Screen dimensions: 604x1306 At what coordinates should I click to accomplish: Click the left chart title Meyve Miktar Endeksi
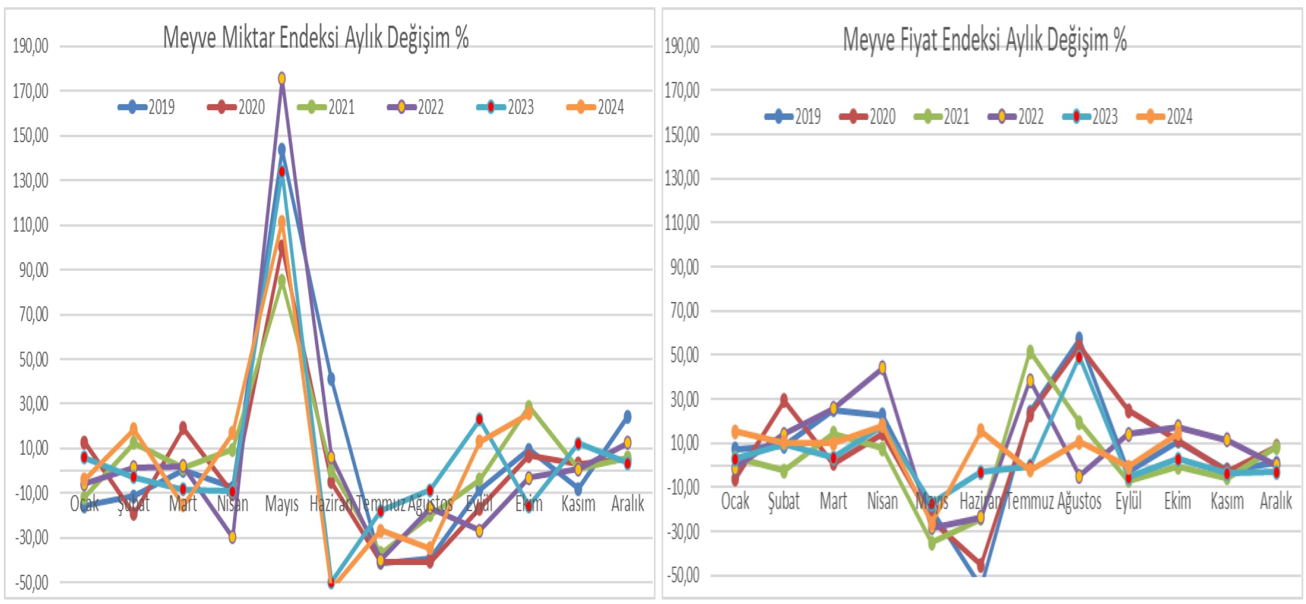315,38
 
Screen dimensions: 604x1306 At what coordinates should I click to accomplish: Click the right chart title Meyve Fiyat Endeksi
984,40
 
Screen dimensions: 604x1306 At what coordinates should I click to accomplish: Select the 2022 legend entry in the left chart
416,107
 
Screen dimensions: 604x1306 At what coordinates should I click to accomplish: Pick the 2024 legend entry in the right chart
1164,116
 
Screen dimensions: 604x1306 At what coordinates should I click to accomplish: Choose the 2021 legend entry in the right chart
941,116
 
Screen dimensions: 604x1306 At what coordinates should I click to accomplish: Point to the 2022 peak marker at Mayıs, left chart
282,79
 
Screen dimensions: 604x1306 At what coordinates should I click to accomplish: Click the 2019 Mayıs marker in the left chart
282,149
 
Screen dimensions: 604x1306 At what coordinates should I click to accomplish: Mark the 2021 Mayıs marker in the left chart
282,281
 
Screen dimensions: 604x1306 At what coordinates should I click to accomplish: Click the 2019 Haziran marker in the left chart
331,379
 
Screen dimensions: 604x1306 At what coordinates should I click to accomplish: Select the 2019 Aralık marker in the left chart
627,416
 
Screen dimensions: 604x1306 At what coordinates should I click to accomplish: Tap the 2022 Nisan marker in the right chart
882,368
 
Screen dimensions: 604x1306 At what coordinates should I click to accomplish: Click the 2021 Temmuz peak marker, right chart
1030,351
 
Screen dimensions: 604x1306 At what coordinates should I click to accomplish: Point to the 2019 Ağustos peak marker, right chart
1079,338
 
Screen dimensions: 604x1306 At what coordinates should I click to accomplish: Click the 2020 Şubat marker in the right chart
784,400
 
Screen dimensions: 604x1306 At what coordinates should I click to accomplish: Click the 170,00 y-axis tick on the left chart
31,91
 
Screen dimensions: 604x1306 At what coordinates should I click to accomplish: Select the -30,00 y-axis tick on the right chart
683,532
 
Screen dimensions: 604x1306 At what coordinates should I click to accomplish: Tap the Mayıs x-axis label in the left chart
281,504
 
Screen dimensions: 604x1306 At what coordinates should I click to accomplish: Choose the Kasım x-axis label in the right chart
1227,501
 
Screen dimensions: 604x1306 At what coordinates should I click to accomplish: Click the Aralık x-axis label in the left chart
628,504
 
